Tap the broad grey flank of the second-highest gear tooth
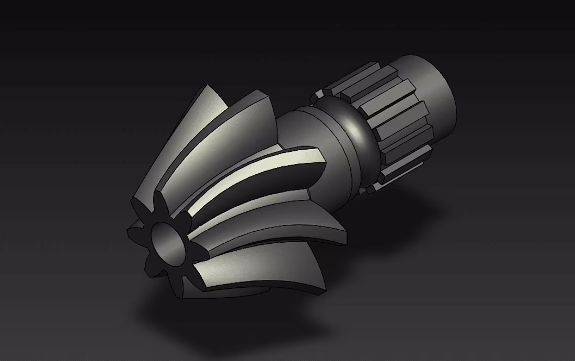click(x=230, y=136)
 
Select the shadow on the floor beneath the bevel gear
click(x=209, y=314)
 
